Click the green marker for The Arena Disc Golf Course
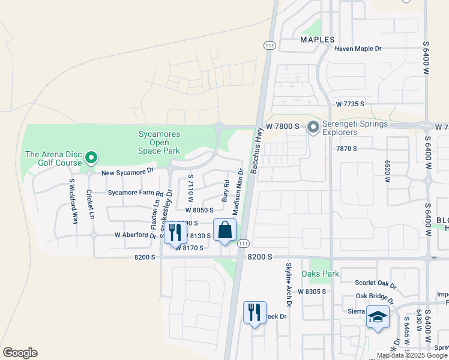(91, 158)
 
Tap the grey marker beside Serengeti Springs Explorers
(313, 127)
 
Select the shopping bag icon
(224, 230)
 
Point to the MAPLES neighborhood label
(317, 40)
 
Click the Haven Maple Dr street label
(358, 48)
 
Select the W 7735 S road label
(351, 104)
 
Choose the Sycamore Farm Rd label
(136, 194)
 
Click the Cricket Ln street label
(90, 204)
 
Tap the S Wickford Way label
(73, 202)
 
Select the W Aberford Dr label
(135, 235)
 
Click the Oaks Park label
(324, 274)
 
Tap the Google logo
(20, 353)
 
